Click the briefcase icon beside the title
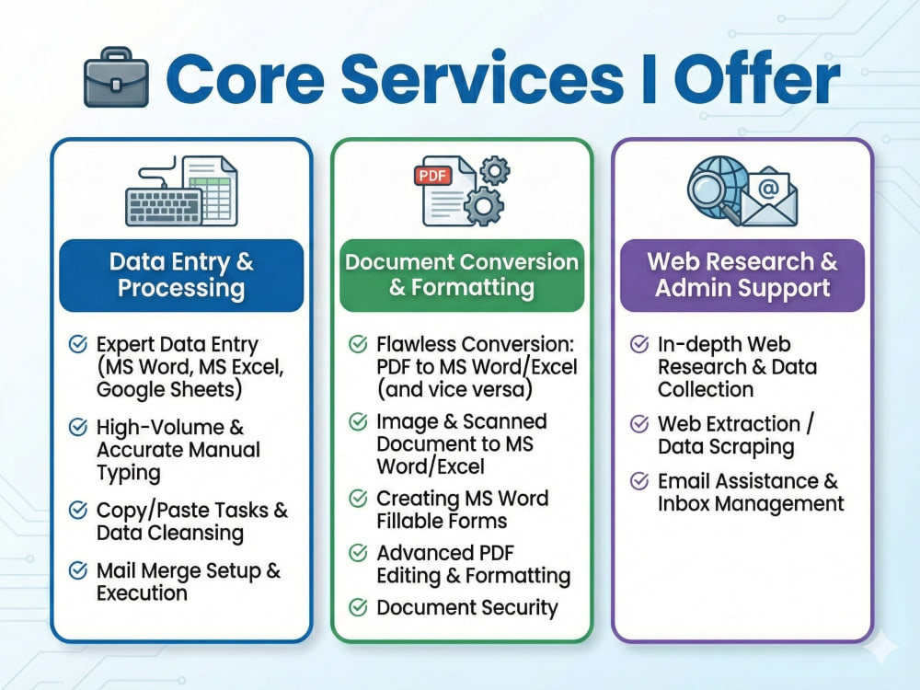(116, 77)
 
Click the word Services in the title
(482, 78)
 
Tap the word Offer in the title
(757, 77)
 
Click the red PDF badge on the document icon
(433, 176)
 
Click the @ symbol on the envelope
(768, 188)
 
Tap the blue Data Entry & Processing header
(181, 275)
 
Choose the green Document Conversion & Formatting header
(462, 275)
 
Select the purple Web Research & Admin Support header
(742, 275)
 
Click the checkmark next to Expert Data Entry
(78, 344)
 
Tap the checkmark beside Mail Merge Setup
(78, 570)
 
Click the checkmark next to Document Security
(359, 607)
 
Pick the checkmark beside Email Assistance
(639, 481)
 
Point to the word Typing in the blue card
(129, 473)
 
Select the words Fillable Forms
(442, 521)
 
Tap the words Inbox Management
(751, 503)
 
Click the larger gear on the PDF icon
(484, 206)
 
